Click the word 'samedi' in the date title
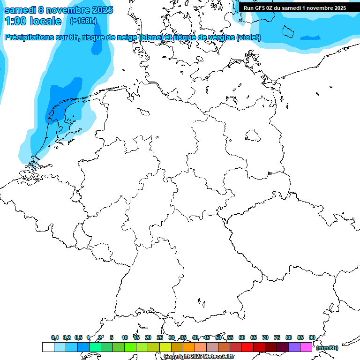[x=19, y=10]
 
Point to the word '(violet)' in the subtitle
[x=248, y=37]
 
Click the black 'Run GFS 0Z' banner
[x=295, y=7]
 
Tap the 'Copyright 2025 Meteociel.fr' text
[x=199, y=357]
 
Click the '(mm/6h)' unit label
[x=327, y=348]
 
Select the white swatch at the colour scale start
[x=48, y=347]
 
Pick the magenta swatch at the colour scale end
[x=306, y=347]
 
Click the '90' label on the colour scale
[x=312, y=337]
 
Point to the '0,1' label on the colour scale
[x=55, y=337]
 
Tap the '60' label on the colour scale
[x=242, y=337]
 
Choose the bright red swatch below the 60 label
[x=247, y=347]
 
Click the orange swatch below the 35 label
[x=188, y=347]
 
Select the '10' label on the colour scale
[x=125, y=337]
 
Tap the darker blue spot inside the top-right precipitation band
[x=310, y=37]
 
